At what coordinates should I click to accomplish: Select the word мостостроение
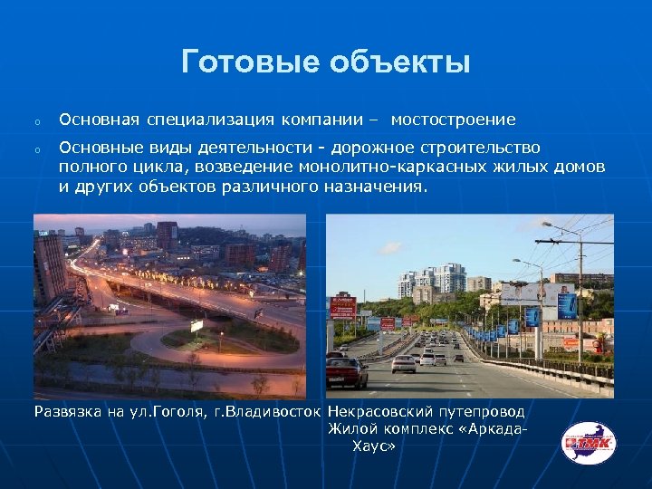tap(453, 120)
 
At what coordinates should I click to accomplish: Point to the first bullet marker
tap(37, 121)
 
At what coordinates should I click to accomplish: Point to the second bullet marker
tap(37, 149)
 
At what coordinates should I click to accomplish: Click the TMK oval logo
tap(588, 444)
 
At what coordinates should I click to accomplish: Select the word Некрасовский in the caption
tap(374, 412)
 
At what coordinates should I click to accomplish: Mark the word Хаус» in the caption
tap(373, 446)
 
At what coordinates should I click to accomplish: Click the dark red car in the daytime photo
tap(346, 371)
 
